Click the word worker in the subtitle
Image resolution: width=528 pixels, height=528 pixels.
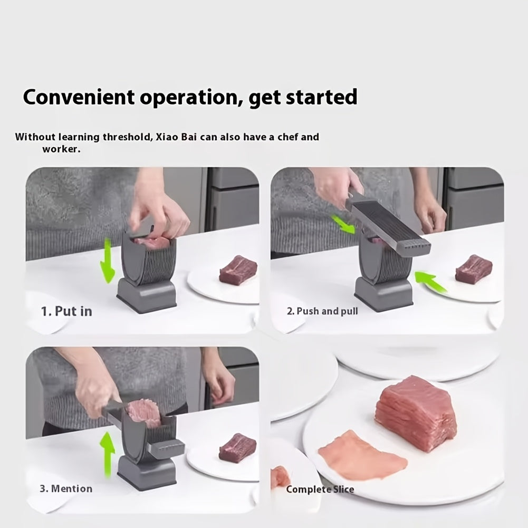(x=61, y=149)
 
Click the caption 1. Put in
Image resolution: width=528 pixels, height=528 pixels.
(x=66, y=311)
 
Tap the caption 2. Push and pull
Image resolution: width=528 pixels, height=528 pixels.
(x=322, y=311)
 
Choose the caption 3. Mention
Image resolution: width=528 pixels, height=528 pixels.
(x=66, y=488)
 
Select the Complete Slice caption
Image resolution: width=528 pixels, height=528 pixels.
(x=320, y=489)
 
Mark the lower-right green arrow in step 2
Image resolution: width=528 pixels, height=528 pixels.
(x=431, y=281)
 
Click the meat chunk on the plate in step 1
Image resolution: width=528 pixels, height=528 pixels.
(x=238, y=270)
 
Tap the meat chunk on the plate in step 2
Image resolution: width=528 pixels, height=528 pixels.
(x=473, y=269)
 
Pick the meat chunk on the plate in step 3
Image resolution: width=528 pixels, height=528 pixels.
(x=237, y=448)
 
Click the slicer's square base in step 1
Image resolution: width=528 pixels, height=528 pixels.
(x=146, y=294)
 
